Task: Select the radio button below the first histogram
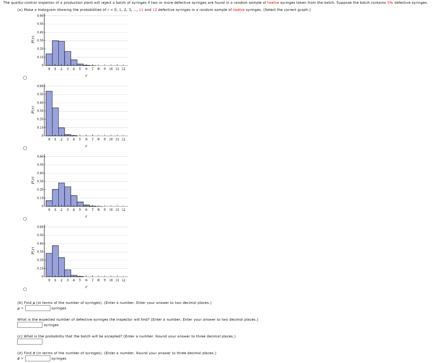(25, 78)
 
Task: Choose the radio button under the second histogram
(25, 148)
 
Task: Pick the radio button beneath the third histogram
(25, 218)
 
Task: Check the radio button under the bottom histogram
(25, 289)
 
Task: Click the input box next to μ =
(38, 308)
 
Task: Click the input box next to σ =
(38, 358)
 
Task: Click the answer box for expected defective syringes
(29, 325)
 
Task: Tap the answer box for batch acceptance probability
(29, 342)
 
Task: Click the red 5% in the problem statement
(390, 3)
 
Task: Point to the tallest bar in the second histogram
(49, 113)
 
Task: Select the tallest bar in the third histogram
(62, 194)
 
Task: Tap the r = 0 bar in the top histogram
(49, 60)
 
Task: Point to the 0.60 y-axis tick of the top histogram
(40, 16)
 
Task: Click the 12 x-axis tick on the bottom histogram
(123, 280)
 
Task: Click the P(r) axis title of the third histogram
(32, 181)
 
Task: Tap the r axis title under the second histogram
(86, 146)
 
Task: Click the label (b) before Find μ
(20, 303)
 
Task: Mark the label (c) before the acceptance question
(20, 336)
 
